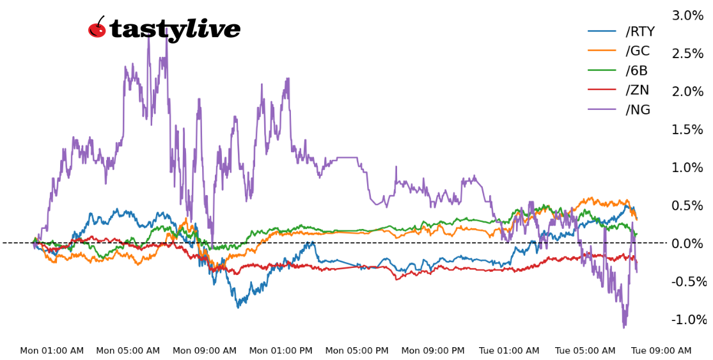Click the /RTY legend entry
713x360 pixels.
(639, 32)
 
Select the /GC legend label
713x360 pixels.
(638, 51)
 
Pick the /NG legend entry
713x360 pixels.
(638, 110)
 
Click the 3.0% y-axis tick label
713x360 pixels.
(687, 15)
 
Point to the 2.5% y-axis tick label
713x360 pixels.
(687, 53)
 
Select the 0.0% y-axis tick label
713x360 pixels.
(687, 244)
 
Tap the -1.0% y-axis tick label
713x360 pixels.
(689, 320)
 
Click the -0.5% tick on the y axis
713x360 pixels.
(689, 281)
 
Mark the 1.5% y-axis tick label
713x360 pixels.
(687, 129)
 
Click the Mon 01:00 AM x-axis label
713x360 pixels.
(52, 351)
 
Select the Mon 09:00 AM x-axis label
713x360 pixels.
(205, 351)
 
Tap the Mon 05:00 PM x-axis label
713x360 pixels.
(357, 351)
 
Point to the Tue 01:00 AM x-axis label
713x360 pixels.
(509, 351)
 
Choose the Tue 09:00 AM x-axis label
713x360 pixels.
(661, 351)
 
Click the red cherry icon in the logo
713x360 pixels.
(97, 28)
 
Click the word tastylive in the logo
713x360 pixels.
(175, 29)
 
